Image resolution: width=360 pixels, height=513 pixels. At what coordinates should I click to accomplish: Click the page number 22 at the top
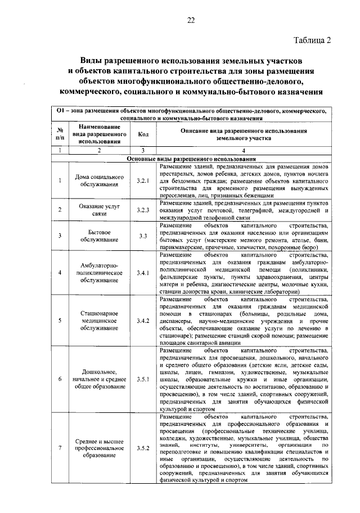[191, 21]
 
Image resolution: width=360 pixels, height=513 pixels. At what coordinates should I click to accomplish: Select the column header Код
[143, 135]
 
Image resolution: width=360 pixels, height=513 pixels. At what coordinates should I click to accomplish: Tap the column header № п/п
[60, 135]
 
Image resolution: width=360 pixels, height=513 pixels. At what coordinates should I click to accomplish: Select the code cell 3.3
[143, 236]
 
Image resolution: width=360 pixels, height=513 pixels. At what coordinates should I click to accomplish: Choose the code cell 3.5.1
[143, 379]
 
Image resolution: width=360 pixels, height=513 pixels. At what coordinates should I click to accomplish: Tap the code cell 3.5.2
[143, 448]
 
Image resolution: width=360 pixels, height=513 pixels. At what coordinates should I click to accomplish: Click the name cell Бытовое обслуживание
[99, 236]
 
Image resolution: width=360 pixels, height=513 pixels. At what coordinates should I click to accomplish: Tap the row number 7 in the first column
[60, 448]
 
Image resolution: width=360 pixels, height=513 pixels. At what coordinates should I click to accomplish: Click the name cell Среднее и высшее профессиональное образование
[99, 448]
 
